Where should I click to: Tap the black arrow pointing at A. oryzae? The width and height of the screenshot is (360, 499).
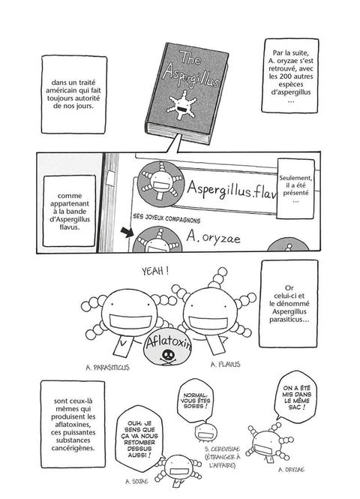(127, 232)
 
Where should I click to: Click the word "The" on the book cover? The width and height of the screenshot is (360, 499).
(190, 59)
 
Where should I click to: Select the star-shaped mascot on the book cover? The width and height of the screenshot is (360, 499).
(181, 105)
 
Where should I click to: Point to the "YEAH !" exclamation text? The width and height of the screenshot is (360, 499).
(155, 271)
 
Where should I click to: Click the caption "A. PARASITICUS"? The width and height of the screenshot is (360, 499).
(108, 368)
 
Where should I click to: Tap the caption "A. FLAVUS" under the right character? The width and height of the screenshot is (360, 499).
(226, 365)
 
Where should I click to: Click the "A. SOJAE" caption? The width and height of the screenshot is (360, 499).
(136, 482)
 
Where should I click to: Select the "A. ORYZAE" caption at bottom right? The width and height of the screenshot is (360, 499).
(291, 470)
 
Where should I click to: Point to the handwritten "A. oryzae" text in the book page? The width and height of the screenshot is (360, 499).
(214, 237)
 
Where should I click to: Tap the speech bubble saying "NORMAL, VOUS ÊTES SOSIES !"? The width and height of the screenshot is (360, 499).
(194, 401)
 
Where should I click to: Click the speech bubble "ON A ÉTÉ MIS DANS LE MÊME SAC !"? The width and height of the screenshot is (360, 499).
(296, 397)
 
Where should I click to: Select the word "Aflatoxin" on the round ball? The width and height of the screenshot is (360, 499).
(169, 343)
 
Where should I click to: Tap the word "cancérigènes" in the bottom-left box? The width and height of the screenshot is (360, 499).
(73, 449)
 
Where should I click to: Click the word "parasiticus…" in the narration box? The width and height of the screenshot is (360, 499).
(289, 320)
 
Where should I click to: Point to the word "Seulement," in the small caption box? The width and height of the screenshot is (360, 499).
(295, 179)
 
